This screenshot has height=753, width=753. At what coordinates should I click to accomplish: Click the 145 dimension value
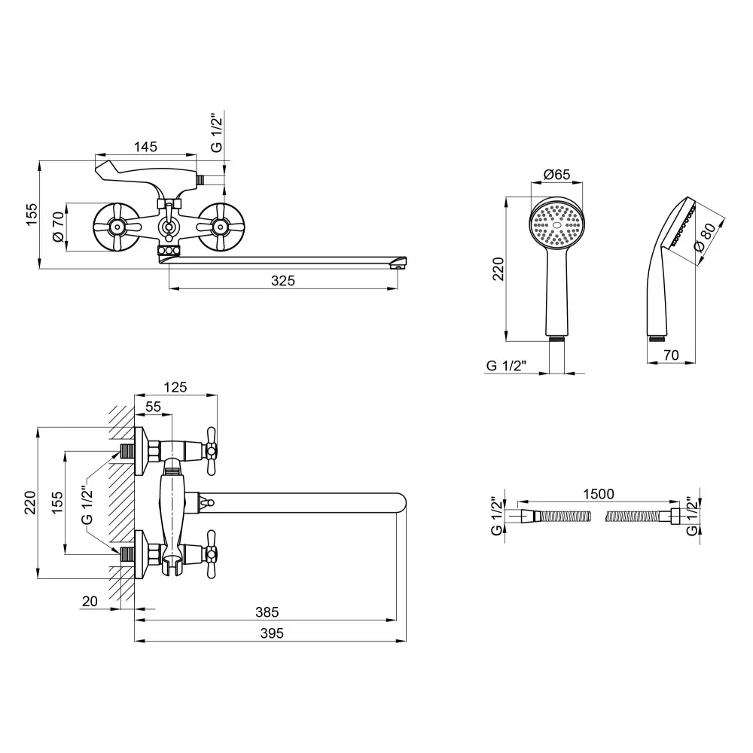coord(146,148)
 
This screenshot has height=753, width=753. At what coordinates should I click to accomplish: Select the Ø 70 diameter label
coord(56,226)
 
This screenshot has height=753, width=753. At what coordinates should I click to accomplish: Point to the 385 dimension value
coord(267,612)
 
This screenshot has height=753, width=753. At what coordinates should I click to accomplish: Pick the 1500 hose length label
coord(599,494)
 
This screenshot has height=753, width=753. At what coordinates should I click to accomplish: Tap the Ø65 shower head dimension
coord(556,175)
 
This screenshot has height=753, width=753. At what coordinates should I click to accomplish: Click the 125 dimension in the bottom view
coord(175,388)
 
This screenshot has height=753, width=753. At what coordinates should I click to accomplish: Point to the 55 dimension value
coord(153,406)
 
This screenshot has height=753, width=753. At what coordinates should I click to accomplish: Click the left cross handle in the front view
coord(117,226)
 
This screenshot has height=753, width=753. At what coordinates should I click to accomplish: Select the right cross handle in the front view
coord(221,226)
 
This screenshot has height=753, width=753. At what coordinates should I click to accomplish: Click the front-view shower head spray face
coord(557,224)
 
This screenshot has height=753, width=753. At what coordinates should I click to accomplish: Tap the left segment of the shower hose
coord(557,517)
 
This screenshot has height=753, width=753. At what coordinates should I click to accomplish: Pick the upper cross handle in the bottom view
coord(210,451)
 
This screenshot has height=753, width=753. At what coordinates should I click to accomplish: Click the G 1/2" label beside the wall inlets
coord(87,505)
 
